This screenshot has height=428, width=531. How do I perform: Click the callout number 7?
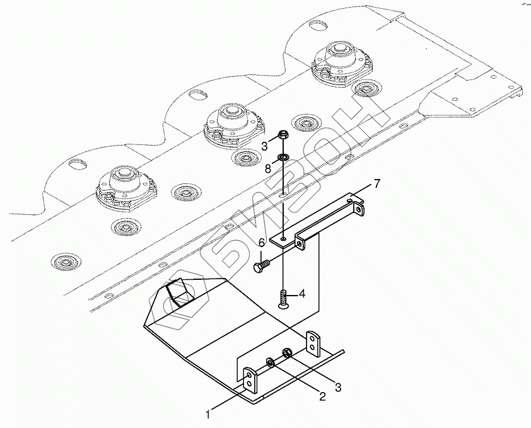(x=376, y=183)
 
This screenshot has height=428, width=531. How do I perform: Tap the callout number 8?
(x=267, y=168)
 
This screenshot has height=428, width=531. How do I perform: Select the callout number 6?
(x=261, y=243)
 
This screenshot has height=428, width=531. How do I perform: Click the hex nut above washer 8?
(x=283, y=134)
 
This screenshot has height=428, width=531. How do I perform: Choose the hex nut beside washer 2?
(x=287, y=354)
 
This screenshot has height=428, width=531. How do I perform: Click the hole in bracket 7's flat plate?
(x=284, y=240)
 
